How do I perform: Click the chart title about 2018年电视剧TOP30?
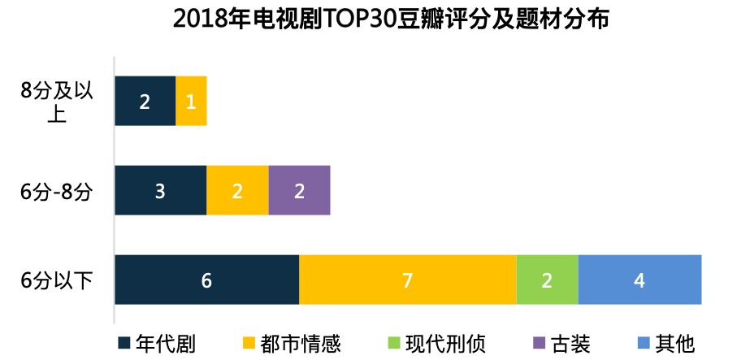390,20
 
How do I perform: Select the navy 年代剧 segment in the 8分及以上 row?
145,102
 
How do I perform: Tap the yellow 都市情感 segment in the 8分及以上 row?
191,102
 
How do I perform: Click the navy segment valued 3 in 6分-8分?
160,191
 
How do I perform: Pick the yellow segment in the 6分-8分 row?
237,191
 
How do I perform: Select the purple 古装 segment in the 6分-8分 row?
299,191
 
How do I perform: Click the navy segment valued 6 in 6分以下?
206,280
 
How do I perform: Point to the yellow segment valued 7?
407,280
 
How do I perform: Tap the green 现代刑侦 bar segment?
547,280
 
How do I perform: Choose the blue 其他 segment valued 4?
639,280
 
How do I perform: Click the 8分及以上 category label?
57,102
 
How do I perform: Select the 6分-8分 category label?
57,192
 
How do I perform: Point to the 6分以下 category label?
57,281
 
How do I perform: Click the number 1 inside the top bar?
191,102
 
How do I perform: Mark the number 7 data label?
407,281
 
